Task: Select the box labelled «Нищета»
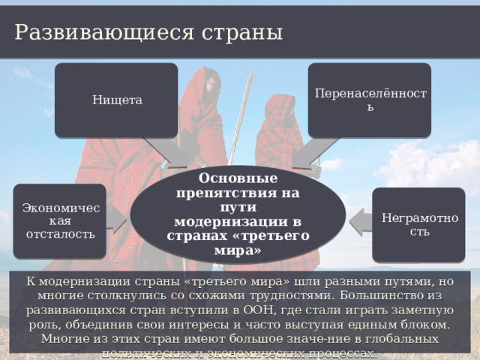(x=116, y=100)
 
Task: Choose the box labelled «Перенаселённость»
(x=370, y=100)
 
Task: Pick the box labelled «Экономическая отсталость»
(x=59, y=220)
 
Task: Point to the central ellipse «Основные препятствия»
(x=238, y=214)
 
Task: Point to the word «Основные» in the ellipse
(x=238, y=178)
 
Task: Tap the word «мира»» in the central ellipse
(x=238, y=250)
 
